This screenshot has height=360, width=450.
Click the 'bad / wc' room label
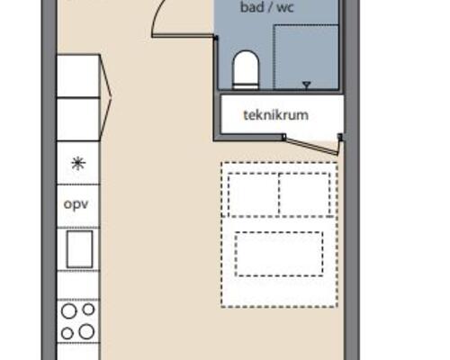point(266,7)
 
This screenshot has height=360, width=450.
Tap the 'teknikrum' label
point(275,115)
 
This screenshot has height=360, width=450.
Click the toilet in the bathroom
point(246,70)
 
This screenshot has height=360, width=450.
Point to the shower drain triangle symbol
point(306,85)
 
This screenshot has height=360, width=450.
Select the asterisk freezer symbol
point(78,164)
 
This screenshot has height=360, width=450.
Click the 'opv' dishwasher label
point(76,204)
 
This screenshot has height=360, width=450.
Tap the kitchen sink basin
point(79,249)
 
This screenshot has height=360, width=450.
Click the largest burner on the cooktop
point(86,331)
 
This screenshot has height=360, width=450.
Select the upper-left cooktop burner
point(69,310)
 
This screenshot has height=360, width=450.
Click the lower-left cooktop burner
point(67,333)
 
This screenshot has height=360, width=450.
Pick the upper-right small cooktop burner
point(88,310)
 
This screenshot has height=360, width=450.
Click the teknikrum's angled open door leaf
point(311,146)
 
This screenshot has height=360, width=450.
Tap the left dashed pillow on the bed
point(254,193)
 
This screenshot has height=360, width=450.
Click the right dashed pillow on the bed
point(304,193)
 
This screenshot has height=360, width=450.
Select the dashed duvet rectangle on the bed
point(279,254)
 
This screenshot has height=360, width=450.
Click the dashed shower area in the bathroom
point(306,57)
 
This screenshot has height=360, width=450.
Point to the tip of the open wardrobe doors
point(112,97)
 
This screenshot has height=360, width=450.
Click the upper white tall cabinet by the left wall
point(78,76)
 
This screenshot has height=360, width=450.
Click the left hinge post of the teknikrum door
point(283,137)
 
